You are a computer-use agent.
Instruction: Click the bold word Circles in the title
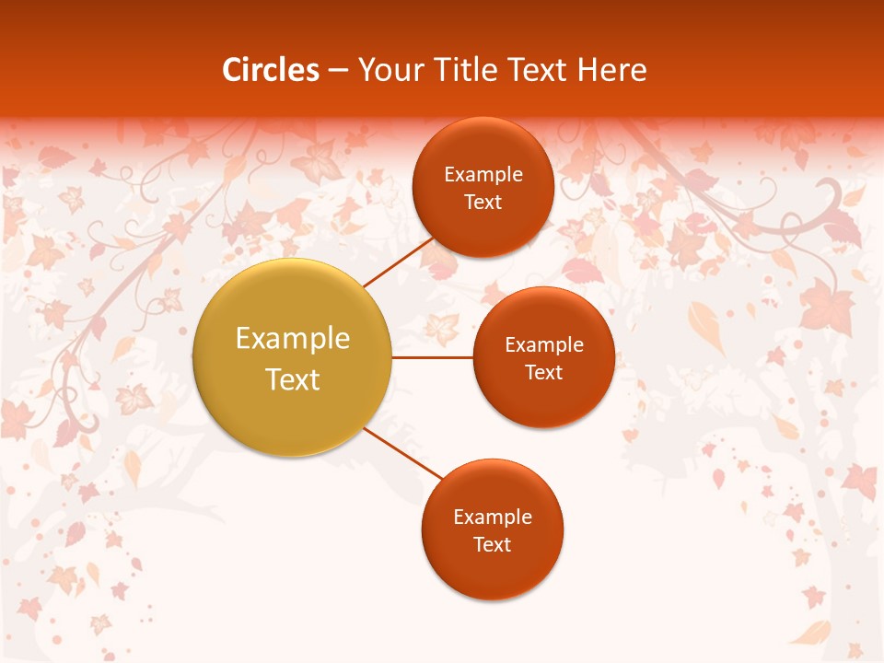pos(271,70)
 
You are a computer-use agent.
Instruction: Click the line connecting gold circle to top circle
pos(398,262)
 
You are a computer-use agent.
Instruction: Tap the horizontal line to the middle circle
pos(433,357)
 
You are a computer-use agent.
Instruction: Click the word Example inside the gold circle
pos(293,338)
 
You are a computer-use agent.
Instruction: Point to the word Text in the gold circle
pos(293,379)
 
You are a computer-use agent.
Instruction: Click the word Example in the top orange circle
pos(483,175)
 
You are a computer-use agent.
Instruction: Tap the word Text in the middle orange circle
pos(543,372)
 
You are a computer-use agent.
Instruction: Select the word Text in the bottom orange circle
pos(492,544)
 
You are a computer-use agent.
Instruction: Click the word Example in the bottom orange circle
pos(493,517)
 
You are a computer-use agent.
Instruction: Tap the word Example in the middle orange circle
pos(544,344)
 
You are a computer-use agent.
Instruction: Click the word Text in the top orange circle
pos(483,202)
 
